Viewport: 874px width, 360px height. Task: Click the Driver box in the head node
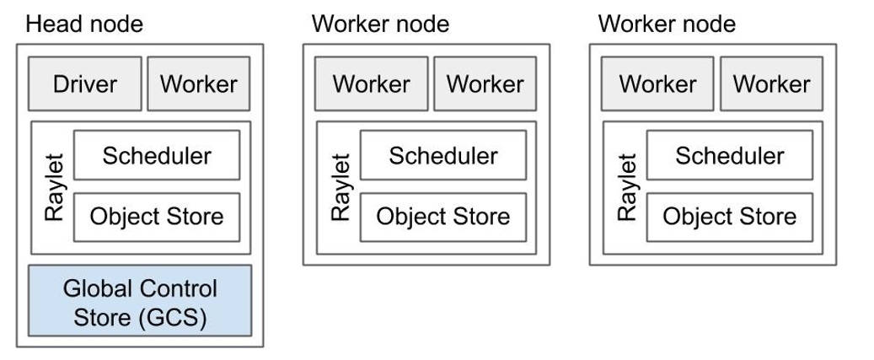click(84, 83)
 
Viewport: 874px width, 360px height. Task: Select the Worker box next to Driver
click(199, 83)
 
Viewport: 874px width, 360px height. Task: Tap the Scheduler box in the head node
click(157, 155)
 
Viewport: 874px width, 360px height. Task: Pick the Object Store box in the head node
click(157, 217)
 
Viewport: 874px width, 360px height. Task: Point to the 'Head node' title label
click(84, 24)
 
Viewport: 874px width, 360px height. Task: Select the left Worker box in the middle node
click(371, 83)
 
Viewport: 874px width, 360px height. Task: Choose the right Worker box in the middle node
click(485, 83)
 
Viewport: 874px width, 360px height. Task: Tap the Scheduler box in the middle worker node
click(443, 155)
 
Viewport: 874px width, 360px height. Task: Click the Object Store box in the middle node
click(443, 217)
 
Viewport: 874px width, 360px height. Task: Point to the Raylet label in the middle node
click(340, 186)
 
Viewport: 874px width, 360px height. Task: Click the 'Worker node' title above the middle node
click(380, 24)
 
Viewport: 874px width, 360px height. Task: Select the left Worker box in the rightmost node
click(657, 83)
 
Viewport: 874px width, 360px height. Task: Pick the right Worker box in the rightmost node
click(771, 83)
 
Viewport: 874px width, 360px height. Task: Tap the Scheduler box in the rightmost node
click(730, 155)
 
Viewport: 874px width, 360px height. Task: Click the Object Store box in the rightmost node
click(730, 217)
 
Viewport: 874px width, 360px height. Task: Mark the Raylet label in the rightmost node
click(626, 186)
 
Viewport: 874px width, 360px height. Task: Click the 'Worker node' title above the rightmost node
click(667, 24)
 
